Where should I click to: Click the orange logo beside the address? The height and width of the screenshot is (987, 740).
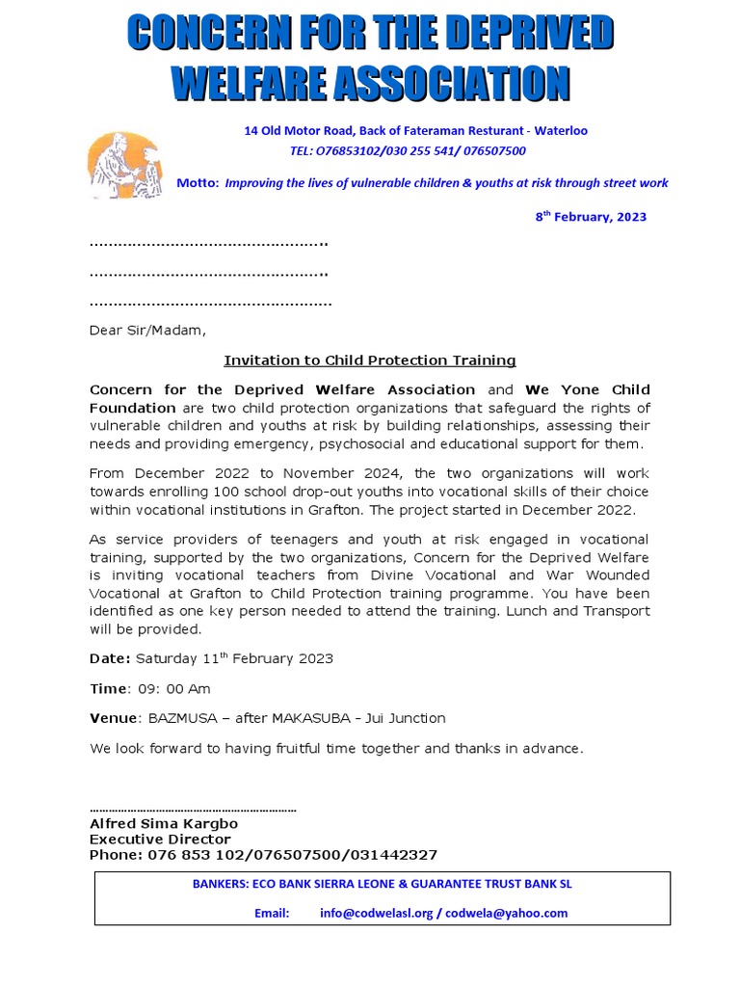tap(124, 166)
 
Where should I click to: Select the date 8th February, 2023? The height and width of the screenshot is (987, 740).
tap(591, 217)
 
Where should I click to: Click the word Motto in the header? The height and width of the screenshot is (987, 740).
tap(198, 183)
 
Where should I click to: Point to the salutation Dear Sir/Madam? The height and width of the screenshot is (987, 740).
tap(147, 331)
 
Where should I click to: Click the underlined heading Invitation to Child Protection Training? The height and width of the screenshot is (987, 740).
tap(370, 360)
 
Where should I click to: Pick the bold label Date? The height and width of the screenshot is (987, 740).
tap(110, 659)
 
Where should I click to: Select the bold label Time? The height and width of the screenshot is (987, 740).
tap(108, 689)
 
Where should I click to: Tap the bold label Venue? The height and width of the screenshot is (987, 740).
tap(114, 718)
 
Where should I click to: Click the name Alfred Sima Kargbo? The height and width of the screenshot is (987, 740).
tap(164, 824)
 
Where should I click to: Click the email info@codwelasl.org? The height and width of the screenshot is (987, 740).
tap(376, 913)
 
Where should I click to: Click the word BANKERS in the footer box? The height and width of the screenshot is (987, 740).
tap(221, 883)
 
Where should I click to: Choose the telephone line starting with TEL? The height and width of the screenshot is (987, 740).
tap(408, 151)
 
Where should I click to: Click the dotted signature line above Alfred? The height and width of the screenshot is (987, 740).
tap(193, 810)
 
